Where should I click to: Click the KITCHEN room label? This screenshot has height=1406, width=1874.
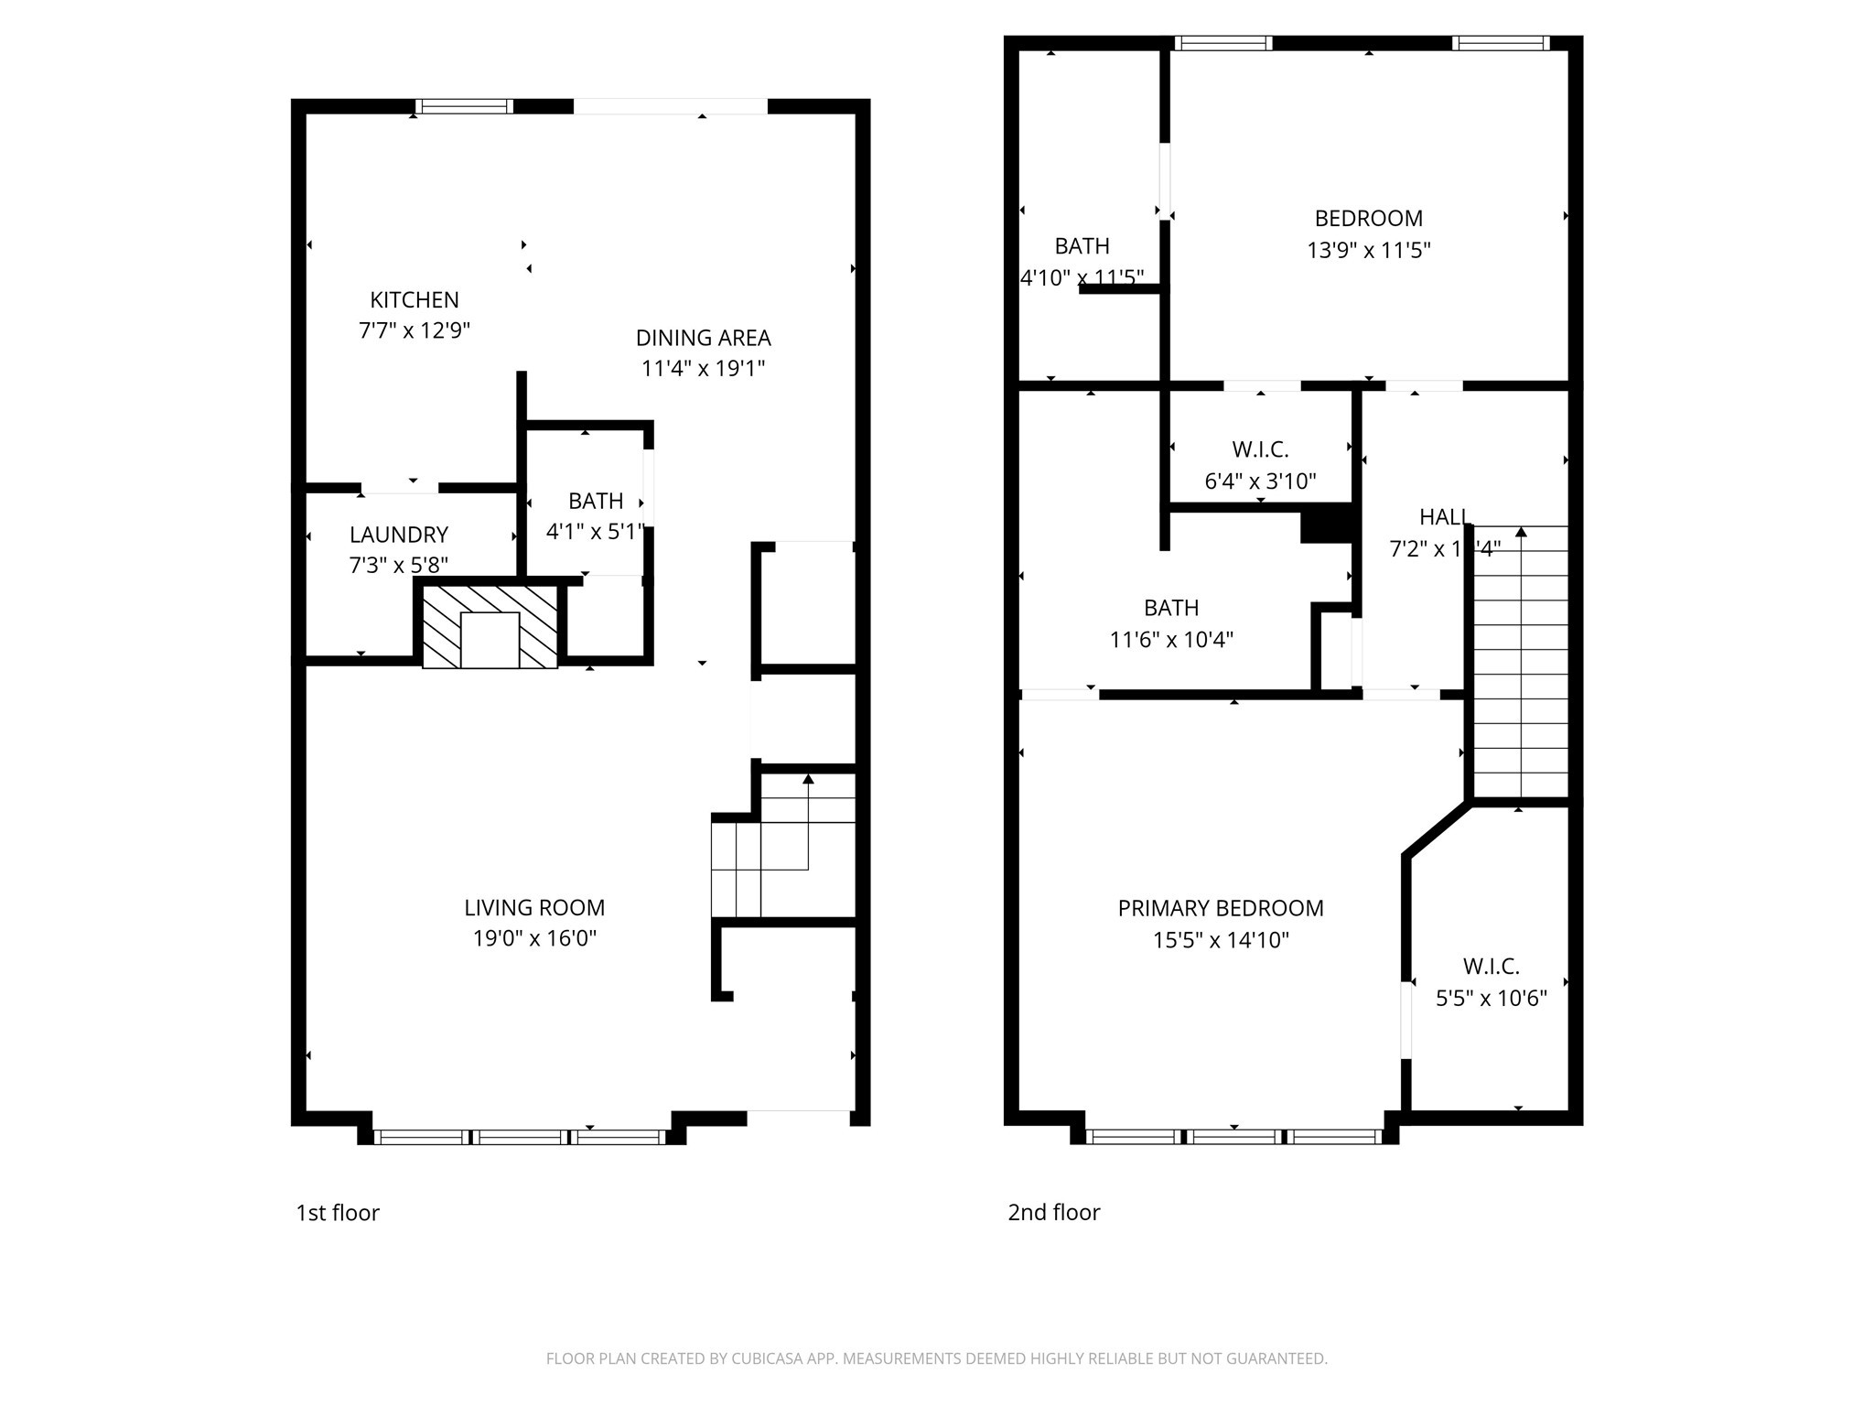tap(414, 299)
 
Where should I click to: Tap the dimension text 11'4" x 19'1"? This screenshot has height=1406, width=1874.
tap(703, 369)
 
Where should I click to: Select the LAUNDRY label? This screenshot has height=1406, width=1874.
tap(398, 535)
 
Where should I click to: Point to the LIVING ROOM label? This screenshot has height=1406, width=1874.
tap(534, 907)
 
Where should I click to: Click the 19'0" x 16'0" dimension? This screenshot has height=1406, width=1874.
tap(534, 938)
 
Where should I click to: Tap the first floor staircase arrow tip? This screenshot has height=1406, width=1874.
tap(808, 779)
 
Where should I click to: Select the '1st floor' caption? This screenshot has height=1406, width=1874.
tap(337, 1213)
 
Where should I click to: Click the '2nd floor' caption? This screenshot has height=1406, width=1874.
tap(1053, 1213)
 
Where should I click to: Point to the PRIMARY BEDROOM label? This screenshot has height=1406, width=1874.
tap(1220, 908)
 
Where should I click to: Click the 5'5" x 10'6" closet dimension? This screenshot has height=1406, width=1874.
tap(1491, 998)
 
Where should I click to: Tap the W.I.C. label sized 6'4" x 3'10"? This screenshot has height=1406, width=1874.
tap(1260, 449)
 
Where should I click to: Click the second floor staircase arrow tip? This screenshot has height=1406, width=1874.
tap(1521, 531)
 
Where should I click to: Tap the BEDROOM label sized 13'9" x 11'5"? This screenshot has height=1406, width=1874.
tap(1368, 218)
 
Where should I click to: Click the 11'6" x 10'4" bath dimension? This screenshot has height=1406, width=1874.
tap(1171, 639)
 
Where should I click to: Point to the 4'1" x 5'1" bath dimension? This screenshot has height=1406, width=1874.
tap(595, 531)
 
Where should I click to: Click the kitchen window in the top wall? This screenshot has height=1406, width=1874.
tap(464, 106)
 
